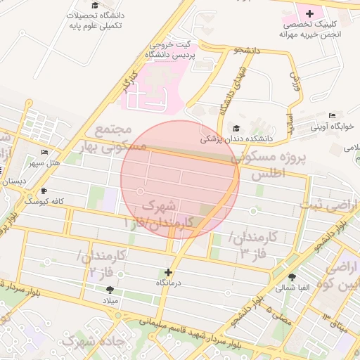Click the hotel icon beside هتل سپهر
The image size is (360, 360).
click(x=45, y=153)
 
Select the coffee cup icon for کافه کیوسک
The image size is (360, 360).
click(x=45, y=191)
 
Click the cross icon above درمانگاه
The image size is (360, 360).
click(x=168, y=272)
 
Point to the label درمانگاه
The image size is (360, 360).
click(x=169, y=283)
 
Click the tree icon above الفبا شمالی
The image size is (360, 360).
click(x=292, y=276)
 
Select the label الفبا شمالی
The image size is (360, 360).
click(x=289, y=288)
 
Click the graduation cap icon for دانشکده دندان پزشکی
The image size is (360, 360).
click(x=237, y=128)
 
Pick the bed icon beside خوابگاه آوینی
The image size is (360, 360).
click(x=333, y=115)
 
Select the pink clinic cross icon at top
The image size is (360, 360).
click(x=309, y=13)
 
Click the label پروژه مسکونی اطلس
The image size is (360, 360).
click(x=270, y=165)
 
